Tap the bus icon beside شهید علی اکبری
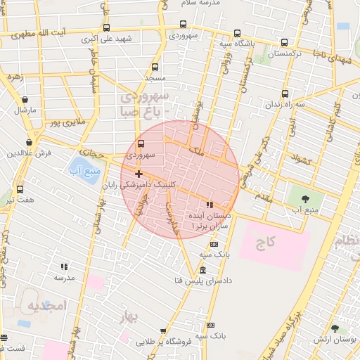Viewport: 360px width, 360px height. click(106, 28)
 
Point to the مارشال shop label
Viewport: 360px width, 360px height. click(24, 110)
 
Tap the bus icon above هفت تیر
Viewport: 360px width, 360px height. click(19, 190)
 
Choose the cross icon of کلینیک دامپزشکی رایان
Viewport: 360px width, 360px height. click(139, 174)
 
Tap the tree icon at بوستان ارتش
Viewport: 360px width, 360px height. click(335, 328)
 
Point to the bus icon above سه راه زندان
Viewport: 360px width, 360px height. click(285, 94)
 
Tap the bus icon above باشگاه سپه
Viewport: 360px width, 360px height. click(283, 42)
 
